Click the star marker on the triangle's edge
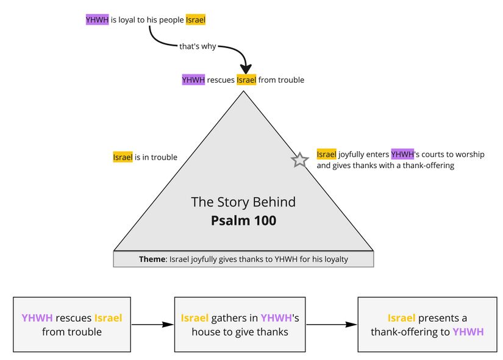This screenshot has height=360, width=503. click(299, 160)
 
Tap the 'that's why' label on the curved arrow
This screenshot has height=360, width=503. click(198, 46)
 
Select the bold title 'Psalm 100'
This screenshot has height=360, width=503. click(243, 221)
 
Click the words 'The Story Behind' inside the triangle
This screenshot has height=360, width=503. click(243, 202)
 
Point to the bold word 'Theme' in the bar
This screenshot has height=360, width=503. click(152, 259)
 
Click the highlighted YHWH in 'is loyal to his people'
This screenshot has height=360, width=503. click(98, 19)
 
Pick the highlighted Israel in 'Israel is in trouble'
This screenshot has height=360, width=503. click(123, 157)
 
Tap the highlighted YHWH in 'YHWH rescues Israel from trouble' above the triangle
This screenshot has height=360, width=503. click(193, 80)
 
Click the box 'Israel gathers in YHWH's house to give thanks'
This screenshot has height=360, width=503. click(239, 325)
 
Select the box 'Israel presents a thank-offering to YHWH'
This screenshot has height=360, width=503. click(427, 325)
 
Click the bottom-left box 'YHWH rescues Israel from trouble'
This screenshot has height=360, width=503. click(72, 325)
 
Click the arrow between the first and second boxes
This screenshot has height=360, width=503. click(152, 325)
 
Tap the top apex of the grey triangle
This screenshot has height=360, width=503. click(243, 92)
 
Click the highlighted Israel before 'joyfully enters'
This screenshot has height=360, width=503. click(326, 154)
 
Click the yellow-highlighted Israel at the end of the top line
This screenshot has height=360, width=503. click(196, 19)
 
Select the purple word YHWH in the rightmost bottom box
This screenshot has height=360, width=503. click(468, 332)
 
